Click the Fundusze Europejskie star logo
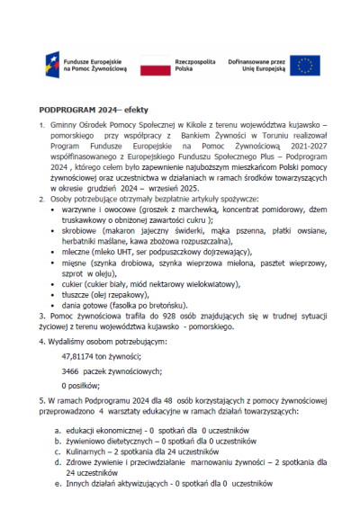point(52,64)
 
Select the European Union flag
point(305,64)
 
